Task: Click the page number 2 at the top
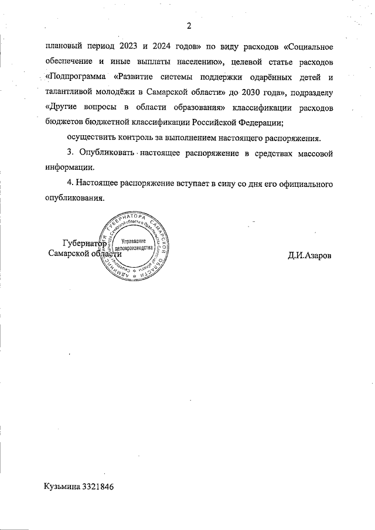coord(189,25)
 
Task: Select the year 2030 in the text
coord(243,93)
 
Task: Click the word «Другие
coord(62,108)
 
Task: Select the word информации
coord(67,169)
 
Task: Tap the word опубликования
coord(74,199)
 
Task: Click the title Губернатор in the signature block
coord(84,243)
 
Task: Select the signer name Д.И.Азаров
coord(309,254)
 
